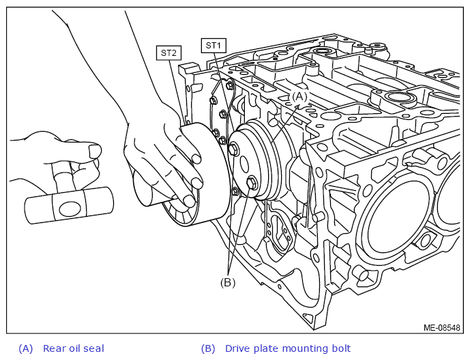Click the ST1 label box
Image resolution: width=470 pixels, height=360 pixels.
coord(214,46)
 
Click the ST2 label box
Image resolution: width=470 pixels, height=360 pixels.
coord(168,53)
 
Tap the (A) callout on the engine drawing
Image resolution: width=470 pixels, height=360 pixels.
coord(299,97)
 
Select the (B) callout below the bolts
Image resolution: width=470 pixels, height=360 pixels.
coord(228,282)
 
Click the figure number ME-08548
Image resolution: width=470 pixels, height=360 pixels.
coord(441,328)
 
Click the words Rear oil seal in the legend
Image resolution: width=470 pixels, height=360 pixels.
coord(74,348)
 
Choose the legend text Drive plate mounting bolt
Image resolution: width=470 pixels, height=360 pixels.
coord(288,348)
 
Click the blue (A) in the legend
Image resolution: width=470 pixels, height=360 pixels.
coord(25,348)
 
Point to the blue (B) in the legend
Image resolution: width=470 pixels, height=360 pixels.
coord(208,348)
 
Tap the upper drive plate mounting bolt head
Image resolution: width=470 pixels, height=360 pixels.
coord(233,149)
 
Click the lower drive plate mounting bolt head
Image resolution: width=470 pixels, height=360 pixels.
coord(252,183)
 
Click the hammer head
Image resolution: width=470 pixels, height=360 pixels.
coord(69,205)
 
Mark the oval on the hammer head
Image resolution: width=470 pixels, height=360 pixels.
coord(70,209)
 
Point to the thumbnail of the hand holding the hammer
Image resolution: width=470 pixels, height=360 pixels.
coord(96,151)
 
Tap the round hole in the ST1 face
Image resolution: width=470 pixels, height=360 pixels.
coord(244,164)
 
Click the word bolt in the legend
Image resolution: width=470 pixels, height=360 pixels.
coord(341,348)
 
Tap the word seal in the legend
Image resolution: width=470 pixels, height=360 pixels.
coord(94,348)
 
